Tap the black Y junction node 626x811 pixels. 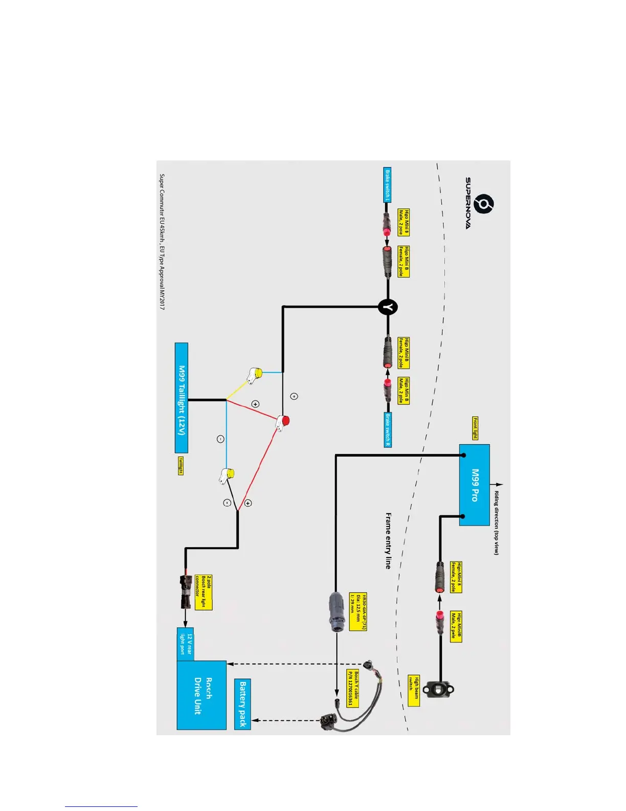[x=388, y=307]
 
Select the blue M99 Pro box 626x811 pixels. [x=474, y=485]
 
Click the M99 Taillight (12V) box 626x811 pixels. [x=182, y=398]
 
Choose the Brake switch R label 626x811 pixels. [x=388, y=430]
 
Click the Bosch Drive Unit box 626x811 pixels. [x=202, y=695]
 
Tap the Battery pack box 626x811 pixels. [x=242, y=703]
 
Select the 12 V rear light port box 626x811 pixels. [x=185, y=644]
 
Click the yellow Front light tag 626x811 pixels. [x=475, y=428]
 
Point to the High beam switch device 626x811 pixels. [x=438, y=690]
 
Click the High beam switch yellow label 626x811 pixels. [x=413, y=691]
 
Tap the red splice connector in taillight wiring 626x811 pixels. [x=283, y=422]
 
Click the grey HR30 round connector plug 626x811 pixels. [x=336, y=611]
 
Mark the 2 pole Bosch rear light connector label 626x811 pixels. [x=203, y=592]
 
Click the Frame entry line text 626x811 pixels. [x=388, y=541]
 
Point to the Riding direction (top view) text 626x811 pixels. [x=496, y=523]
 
